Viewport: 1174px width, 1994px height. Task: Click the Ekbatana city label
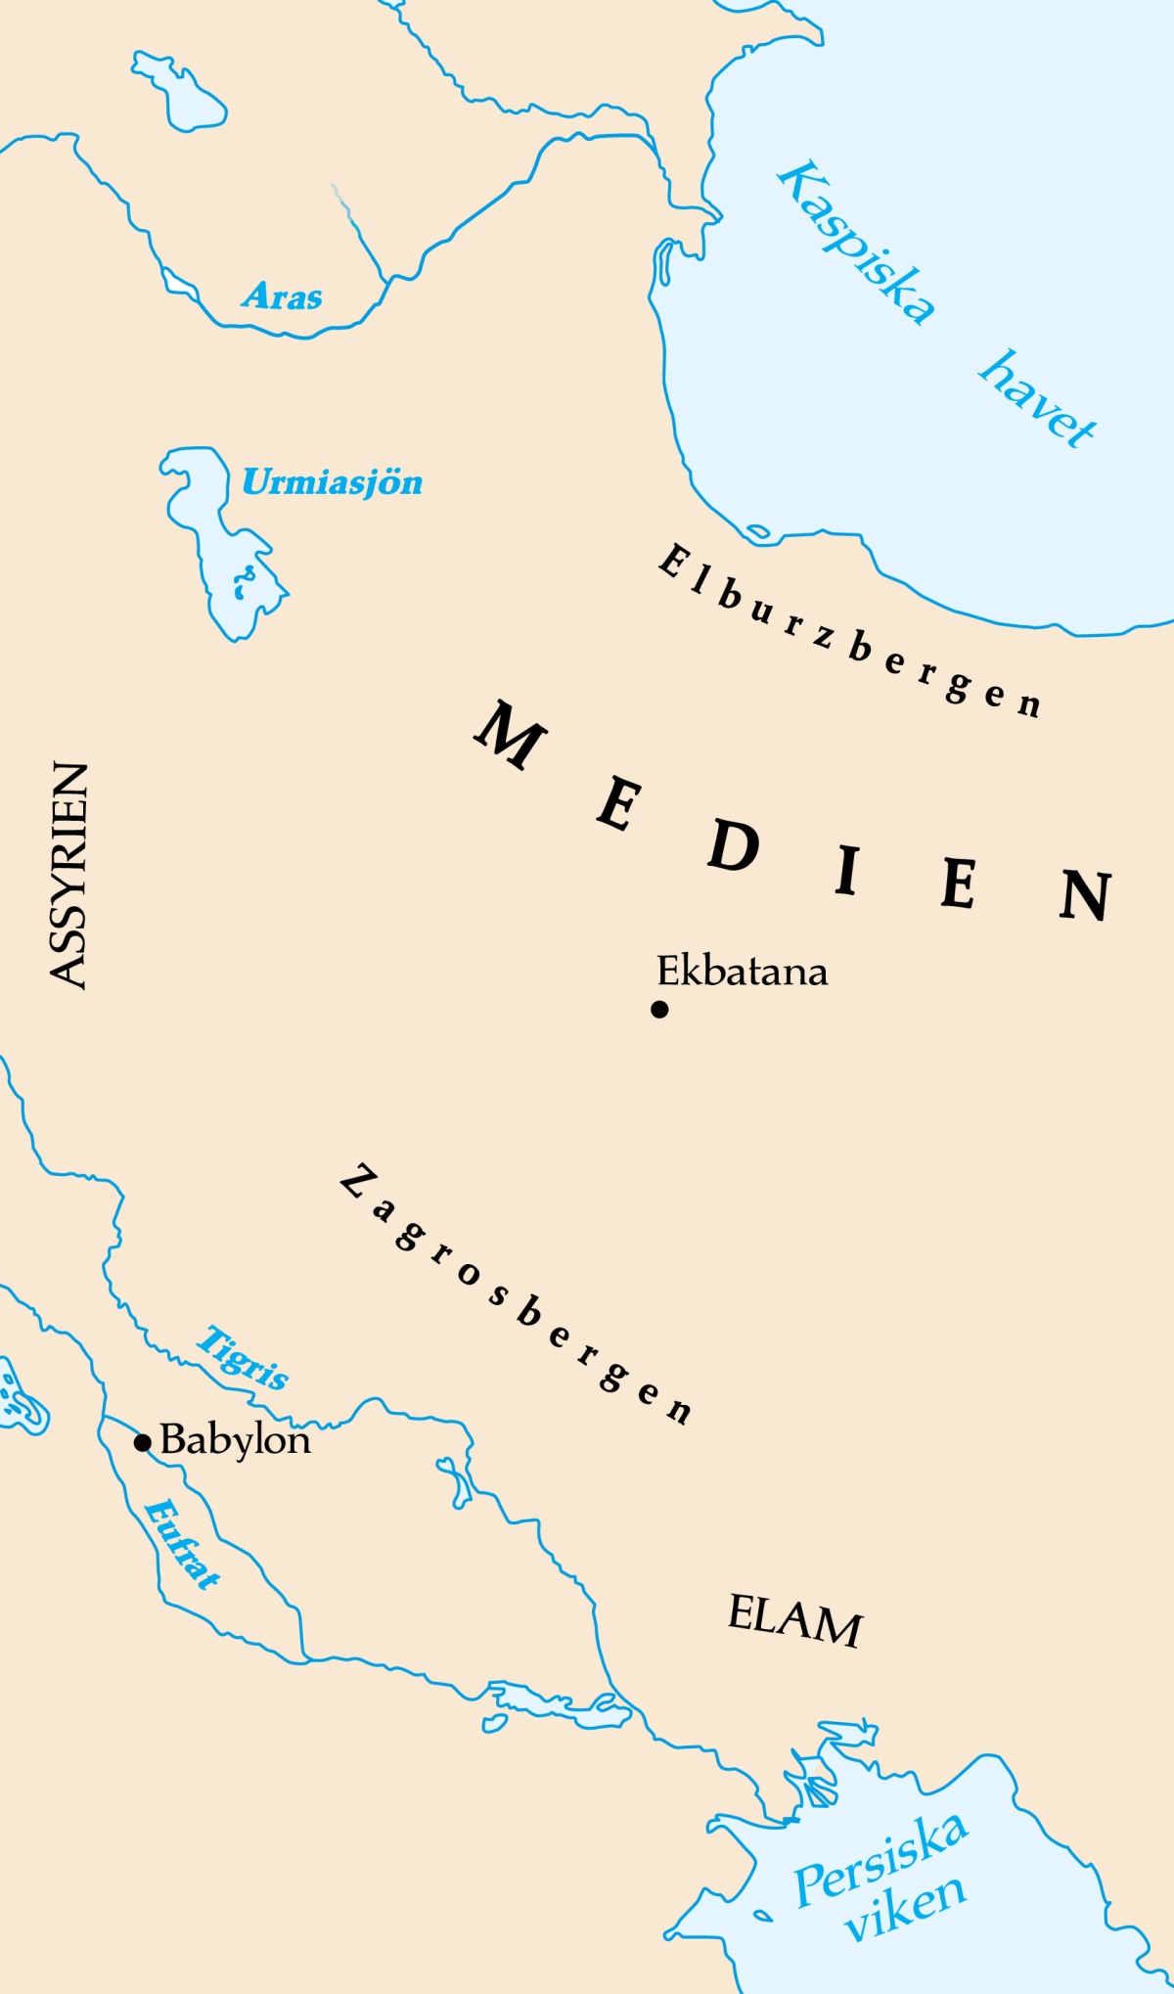(742, 972)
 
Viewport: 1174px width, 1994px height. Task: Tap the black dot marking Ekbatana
(659, 1009)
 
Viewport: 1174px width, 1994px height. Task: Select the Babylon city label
(235, 1440)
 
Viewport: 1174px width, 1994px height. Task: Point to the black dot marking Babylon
(143, 1442)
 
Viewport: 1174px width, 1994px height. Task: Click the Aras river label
(282, 295)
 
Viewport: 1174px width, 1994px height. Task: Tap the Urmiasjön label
(332, 482)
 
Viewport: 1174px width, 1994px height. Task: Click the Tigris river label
(243, 1357)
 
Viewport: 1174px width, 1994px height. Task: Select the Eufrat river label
(181, 1544)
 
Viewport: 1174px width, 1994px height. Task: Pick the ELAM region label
(794, 1621)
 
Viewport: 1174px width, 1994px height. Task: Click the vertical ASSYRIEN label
(68, 876)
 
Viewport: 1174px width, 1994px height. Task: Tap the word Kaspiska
(856, 243)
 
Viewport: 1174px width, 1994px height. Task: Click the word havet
(1037, 399)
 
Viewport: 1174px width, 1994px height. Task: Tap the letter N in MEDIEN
(1086, 894)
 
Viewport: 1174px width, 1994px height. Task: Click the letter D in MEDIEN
(734, 846)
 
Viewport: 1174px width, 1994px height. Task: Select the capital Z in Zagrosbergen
(360, 1182)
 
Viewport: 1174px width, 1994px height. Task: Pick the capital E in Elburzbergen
(673, 563)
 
